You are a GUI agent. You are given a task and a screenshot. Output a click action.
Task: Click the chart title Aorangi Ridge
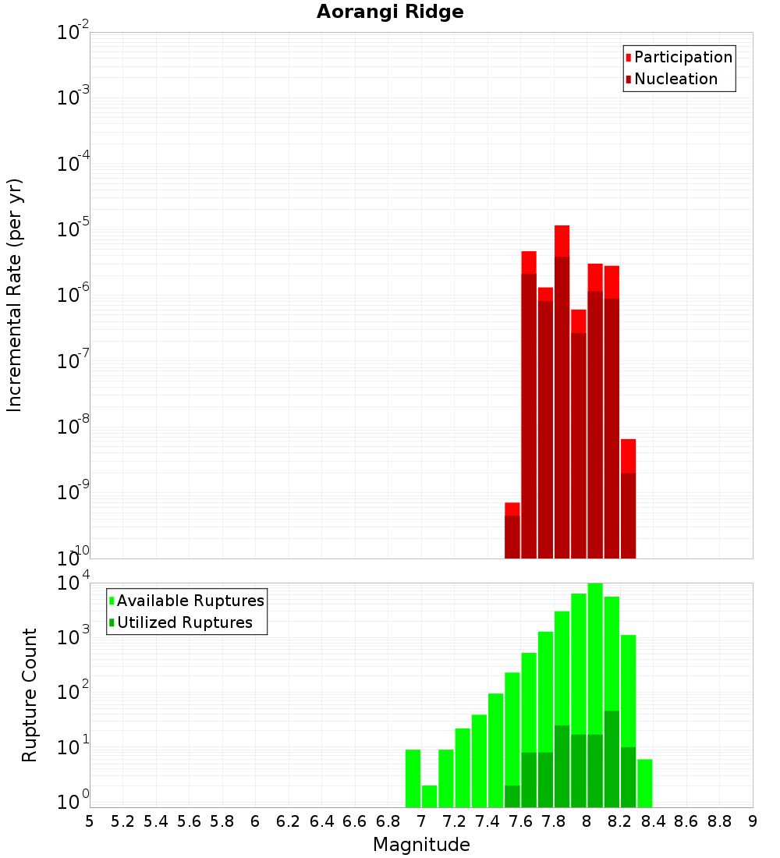tap(390, 12)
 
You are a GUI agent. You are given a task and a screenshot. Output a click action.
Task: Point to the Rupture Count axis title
tap(30, 695)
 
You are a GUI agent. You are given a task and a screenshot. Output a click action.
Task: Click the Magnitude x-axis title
tap(421, 845)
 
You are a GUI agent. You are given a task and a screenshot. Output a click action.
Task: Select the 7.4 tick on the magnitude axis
tap(487, 821)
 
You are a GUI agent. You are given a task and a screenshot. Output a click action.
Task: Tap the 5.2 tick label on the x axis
tap(123, 821)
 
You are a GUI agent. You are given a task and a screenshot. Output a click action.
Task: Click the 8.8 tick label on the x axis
tap(719, 821)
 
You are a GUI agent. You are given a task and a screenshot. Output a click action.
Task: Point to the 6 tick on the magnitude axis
tap(255, 821)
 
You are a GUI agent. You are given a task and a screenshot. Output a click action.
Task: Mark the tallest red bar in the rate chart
tap(562, 390)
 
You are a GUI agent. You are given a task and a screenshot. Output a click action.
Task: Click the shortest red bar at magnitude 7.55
tap(512, 530)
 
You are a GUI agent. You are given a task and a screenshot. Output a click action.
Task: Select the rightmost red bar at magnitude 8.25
tap(628, 499)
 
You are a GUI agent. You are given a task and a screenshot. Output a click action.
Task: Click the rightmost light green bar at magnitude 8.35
tap(644, 783)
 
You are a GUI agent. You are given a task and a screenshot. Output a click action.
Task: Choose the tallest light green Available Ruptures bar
tap(595, 694)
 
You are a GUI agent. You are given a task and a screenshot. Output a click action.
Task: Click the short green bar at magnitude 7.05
tap(429, 796)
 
